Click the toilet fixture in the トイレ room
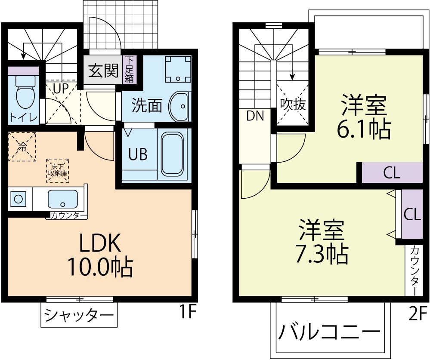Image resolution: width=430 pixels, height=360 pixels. coord(24,95)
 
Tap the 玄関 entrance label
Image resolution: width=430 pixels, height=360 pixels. coord(103,71)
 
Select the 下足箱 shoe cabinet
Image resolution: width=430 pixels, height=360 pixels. coord(129,70)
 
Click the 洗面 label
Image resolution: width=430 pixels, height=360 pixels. coord(147,105)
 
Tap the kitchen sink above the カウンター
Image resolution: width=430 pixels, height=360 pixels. coord(63,199)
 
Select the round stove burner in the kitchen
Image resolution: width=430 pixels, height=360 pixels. coord(19,199)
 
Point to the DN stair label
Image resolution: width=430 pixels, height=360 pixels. coord(255,115)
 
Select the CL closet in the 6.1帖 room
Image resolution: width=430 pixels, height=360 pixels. coord(392,173)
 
